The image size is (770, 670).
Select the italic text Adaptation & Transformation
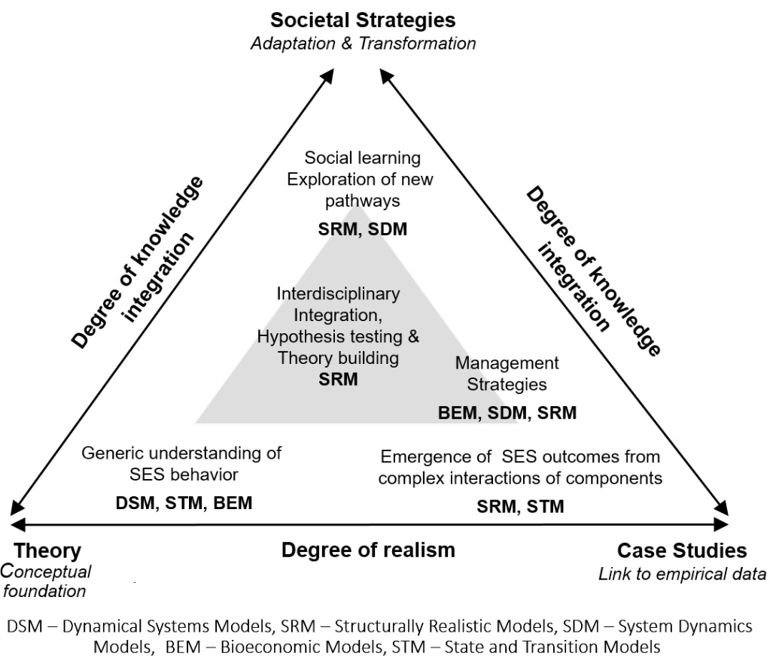(x=364, y=43)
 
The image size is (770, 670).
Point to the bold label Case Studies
(x=682, y=550)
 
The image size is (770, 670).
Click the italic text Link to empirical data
(x=682, y=574)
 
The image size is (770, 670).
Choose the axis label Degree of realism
(x=368, y=550)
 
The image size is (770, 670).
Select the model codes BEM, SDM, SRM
(x=507, y=413)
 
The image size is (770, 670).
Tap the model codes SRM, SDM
(x=363, y=229)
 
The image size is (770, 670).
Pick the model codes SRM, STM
(x=520, y=506)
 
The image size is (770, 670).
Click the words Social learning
(x=363, y=159)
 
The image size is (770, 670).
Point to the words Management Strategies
(x=507, y=374)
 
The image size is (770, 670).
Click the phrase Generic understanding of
(x=181, y=453)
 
